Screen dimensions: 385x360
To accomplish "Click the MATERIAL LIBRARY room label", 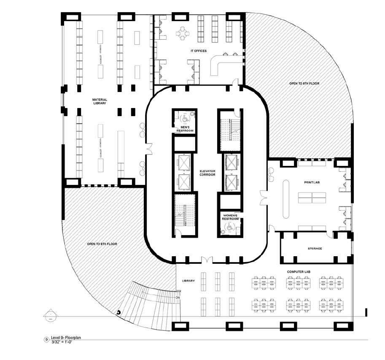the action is tap(99, 101).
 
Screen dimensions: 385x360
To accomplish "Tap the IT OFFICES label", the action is tap(198, 51).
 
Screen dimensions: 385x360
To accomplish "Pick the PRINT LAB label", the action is tap(312, 182).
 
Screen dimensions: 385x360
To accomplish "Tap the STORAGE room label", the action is tap(312, 249).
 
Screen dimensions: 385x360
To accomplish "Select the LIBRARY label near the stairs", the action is tap(188, 281).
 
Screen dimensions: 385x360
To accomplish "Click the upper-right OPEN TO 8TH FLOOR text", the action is tap(304, 84).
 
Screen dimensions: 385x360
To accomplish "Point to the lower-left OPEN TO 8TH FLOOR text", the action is tap(102, 244).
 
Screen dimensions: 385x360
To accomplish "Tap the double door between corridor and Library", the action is tap(207, 259).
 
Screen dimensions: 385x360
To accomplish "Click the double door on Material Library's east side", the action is tap(148, 149).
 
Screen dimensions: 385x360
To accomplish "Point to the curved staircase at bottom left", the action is tap(148, 301).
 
